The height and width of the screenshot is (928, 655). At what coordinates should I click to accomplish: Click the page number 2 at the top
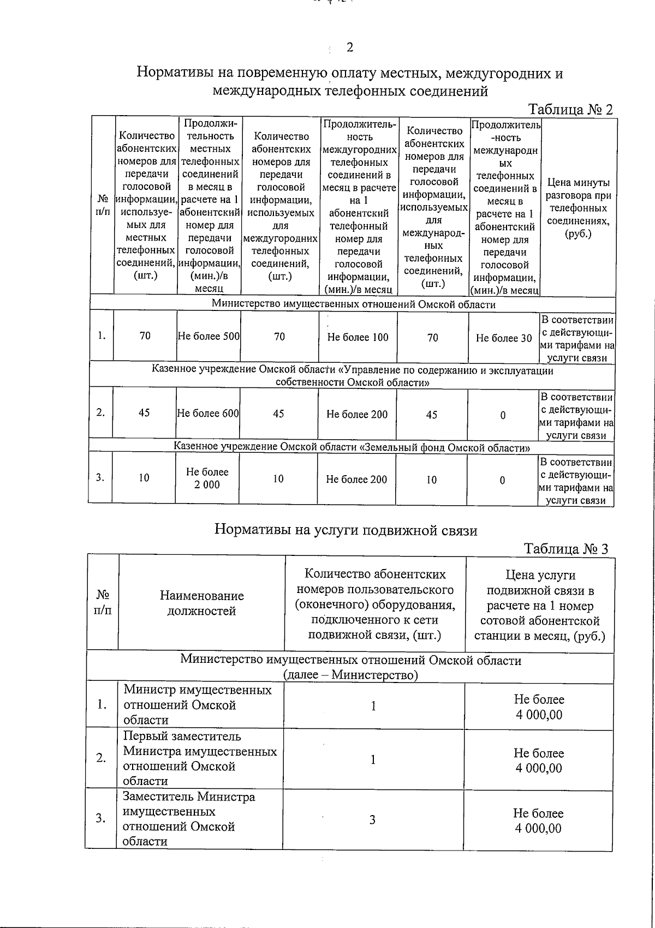point(350,47)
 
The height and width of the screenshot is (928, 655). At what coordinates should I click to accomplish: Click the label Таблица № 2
point(570,109)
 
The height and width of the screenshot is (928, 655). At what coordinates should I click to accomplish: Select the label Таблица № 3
point(566,548)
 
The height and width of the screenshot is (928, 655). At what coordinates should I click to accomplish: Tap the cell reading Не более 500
point(209,337)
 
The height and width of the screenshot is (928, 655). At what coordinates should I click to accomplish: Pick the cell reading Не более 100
point(358,337)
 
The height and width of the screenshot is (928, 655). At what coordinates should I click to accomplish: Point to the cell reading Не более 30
point(503,338)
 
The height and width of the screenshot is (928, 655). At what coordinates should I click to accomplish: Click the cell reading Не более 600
point(208,414)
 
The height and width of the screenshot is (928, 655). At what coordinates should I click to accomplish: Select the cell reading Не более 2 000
point(207,478)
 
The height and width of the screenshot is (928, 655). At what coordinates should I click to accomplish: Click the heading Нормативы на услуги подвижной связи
point(346,530)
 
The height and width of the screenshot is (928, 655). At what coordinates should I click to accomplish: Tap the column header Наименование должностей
point(201,603)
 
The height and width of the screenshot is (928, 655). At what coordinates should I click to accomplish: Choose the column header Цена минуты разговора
point(578,208)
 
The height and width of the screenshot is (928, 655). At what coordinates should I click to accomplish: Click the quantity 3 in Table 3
point(372,819)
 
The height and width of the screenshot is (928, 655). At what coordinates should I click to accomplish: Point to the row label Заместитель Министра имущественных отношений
point(188,819)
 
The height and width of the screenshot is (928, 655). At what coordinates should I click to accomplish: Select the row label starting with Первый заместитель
point(199,758)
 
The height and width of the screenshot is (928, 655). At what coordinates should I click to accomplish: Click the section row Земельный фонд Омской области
point(352,447)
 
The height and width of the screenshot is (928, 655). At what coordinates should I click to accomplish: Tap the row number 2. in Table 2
point(101,412)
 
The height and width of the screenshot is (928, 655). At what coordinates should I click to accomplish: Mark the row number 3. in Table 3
point(101,818)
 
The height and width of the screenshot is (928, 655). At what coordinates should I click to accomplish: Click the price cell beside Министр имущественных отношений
point(539,707)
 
